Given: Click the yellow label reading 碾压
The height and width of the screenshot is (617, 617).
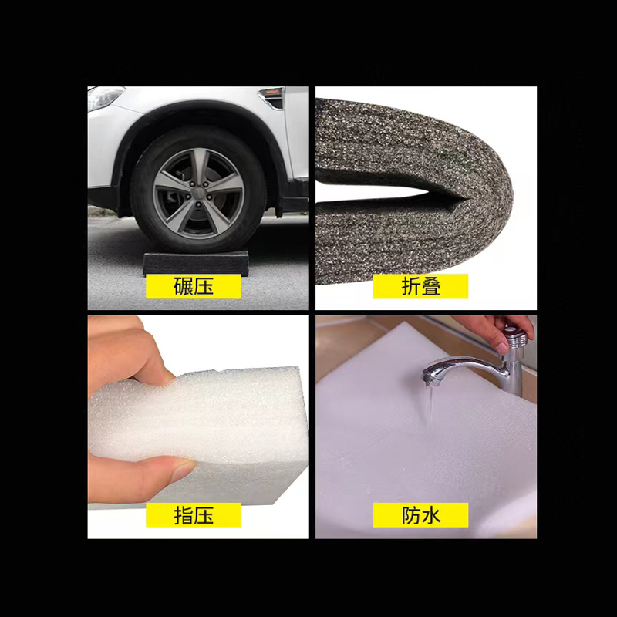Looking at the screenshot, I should (194, 287).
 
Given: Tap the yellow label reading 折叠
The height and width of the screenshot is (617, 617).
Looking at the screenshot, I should (420, 287).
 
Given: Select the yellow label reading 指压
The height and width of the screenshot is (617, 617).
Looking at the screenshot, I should (194, 515).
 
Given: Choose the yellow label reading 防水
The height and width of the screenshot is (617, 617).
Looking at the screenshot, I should (420, 515).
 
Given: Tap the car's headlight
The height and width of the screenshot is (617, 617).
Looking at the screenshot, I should (105, 97).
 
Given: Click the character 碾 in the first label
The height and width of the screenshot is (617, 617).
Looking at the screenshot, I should (184, 287).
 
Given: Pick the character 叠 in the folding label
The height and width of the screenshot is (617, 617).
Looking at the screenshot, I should (431, 287).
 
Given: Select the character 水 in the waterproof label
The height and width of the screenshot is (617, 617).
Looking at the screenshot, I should (431, 515).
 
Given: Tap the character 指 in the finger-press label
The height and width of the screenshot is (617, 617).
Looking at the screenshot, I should (184, 515).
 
